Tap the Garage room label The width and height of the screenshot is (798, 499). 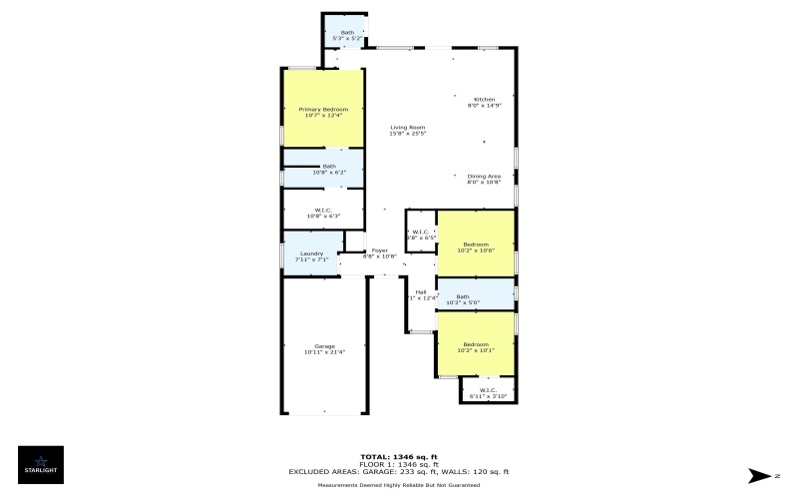pos(324,346)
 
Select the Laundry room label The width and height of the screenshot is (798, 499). pos(311,253)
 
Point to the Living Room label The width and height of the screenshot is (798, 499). pos(408,127)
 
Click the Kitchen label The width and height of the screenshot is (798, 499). pos(484,99)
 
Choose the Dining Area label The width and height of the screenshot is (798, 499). pos(484,176)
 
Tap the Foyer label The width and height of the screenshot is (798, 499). pos(379,250)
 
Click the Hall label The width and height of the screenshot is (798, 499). pos(421,291)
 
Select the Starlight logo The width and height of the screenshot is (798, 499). pos(41,465)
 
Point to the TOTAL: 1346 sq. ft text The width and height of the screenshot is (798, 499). pos(398,457)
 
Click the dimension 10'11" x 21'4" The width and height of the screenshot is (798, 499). pos(324,352)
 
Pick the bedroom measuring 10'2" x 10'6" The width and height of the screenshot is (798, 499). pos(476,248)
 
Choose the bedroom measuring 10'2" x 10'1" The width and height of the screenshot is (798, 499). pos(476,346)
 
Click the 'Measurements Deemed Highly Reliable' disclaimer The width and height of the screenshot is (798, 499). pos(398,485)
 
